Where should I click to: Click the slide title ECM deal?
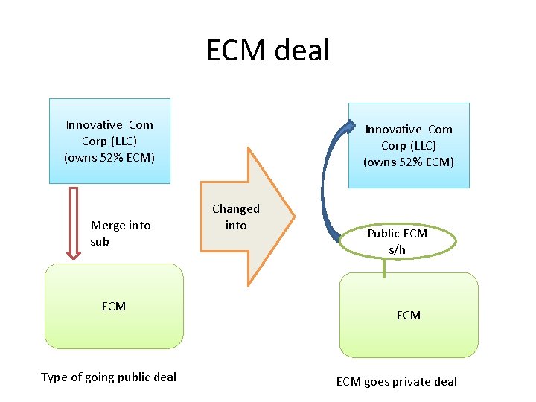pyautogui.click(x=268, y=51)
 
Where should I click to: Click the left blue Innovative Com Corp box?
pyautogui.click(x=109, y=141)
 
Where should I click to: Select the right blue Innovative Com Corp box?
pyautogui.click(x=409, y=145)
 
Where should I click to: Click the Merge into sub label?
pyautogui.click(x=120, y=233)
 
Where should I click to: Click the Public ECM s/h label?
pyautogui.click(x=397, y=241)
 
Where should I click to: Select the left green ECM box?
pyautogui.click(x=114, y=306)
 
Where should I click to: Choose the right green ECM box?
pyautogui.click(x=409, y=315)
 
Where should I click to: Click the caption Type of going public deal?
pyautogui.click(x=109, y=377)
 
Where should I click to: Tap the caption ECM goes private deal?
pyautogui.click(x=397, y=382)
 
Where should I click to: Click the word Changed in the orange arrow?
pyautogui.click(x=236, y=209)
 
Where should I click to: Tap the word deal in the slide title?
pyautogui.click(x=301, y=51)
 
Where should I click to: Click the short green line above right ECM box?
pyautogui.click(x=384, y=267)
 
